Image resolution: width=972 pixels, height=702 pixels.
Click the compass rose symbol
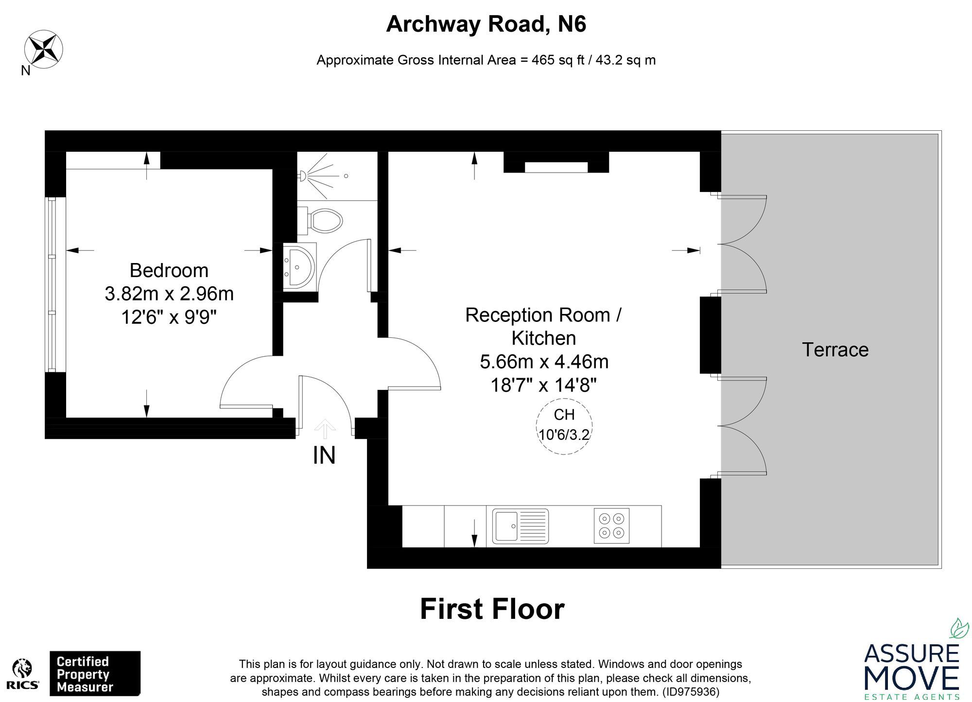click(44, 48)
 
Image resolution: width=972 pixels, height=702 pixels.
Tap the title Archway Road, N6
click(486, 24)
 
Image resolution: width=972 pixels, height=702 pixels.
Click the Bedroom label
click(169, 270)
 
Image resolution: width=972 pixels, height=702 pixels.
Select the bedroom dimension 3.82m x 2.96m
click(169, 294)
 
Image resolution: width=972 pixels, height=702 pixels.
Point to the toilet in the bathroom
click(323, 220)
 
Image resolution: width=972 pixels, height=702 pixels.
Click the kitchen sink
click(520, 526)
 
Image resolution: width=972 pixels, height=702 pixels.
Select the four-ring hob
click(611, 526)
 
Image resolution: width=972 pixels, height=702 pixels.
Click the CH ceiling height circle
click(564, 426)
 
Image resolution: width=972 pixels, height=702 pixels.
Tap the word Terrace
click(835, 350)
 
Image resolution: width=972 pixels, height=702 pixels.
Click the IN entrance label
click(324, 456)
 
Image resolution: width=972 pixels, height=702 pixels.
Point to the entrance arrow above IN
click(325, 429)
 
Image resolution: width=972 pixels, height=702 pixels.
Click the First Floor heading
click(492, 609)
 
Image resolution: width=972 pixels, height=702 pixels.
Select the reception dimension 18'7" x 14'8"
click(543, 386)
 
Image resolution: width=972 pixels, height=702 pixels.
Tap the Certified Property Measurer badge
click(95, 674)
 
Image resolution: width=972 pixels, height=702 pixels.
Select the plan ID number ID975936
click(690, 691)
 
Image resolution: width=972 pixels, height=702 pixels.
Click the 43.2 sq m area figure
click(626, 60)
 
